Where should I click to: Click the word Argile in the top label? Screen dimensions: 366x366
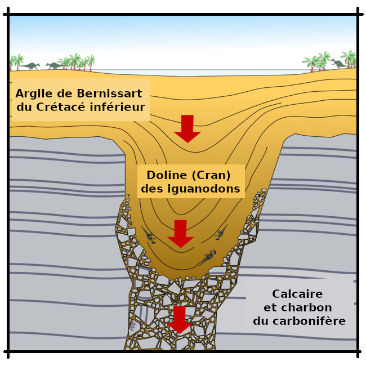point(35,93)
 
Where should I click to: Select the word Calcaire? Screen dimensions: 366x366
point(297,294)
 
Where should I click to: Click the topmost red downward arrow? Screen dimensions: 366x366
point(188,128)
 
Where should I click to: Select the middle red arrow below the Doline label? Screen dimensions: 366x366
point(180,233)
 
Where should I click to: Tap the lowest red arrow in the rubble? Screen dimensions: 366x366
point(180,319)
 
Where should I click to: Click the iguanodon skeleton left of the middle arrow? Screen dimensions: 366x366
point(150,237)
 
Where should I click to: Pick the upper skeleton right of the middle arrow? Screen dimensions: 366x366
point(220,233)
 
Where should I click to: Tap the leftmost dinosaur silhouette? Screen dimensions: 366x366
point(31,66)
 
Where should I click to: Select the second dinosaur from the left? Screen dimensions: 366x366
point(55,66)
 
